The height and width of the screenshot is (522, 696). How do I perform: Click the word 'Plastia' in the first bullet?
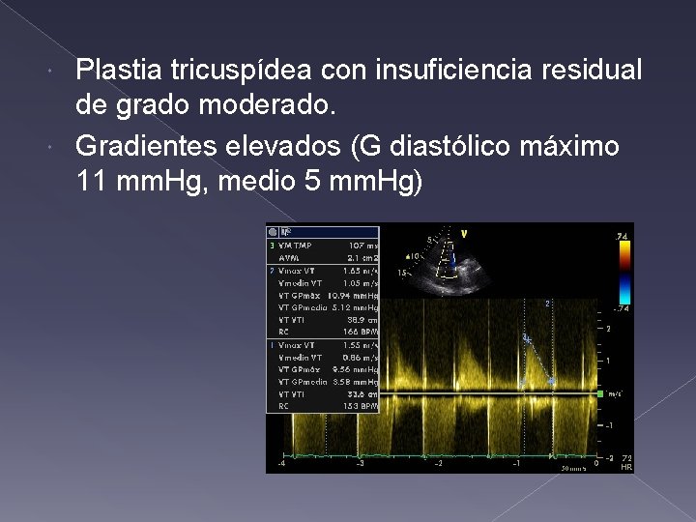[x=111, y=70]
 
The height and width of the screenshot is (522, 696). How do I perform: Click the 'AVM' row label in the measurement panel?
[x=287, y=258]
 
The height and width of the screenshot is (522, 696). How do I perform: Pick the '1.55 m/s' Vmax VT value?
[x=362, y=345]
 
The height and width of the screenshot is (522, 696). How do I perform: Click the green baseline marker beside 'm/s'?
[x=603, y=393]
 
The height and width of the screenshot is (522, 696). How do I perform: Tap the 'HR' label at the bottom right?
[x=626, y=467]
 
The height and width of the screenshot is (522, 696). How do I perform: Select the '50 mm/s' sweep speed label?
[x=572, y=468]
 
